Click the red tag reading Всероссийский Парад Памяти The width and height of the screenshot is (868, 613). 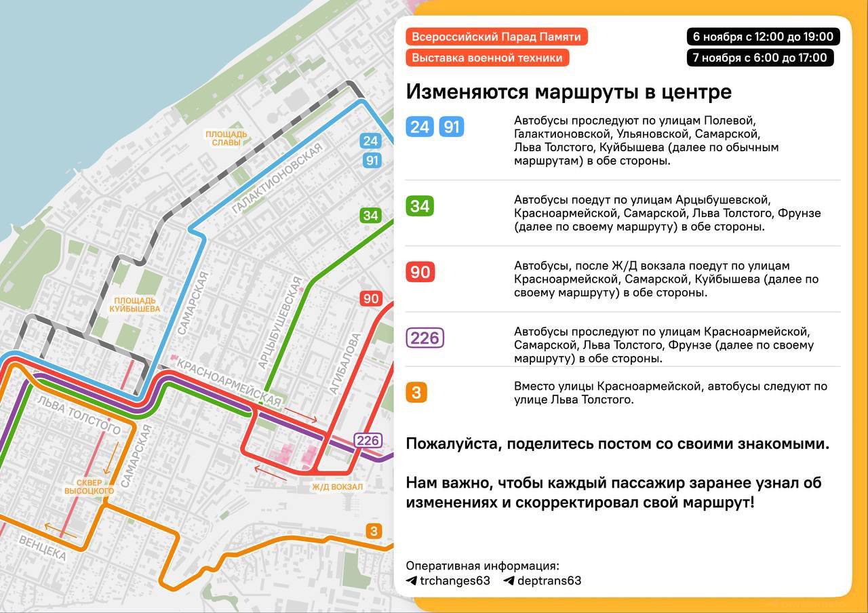(496, 37)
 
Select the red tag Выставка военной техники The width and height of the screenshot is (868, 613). (487, 58)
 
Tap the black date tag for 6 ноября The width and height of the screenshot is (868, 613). (763, 37)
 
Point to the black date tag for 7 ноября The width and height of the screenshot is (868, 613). (759, 58)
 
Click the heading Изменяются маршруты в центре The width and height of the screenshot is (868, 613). (568, 92)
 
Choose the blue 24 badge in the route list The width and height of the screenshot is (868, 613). (420, 127)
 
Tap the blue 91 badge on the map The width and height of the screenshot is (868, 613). (371, 161)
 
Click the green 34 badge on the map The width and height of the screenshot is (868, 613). (370, 216)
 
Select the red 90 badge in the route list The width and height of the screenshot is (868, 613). (420, 272)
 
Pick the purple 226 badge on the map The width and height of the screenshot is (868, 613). (368, 440)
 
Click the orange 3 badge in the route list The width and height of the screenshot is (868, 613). (416, 392)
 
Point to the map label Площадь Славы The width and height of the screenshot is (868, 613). (226, 138)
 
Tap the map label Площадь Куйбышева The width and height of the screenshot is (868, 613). (136, 304)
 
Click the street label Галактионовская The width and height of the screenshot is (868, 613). (276, 179)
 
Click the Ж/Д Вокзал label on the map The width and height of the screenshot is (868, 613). (337, 486)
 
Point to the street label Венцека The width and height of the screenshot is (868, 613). (43, 548)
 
